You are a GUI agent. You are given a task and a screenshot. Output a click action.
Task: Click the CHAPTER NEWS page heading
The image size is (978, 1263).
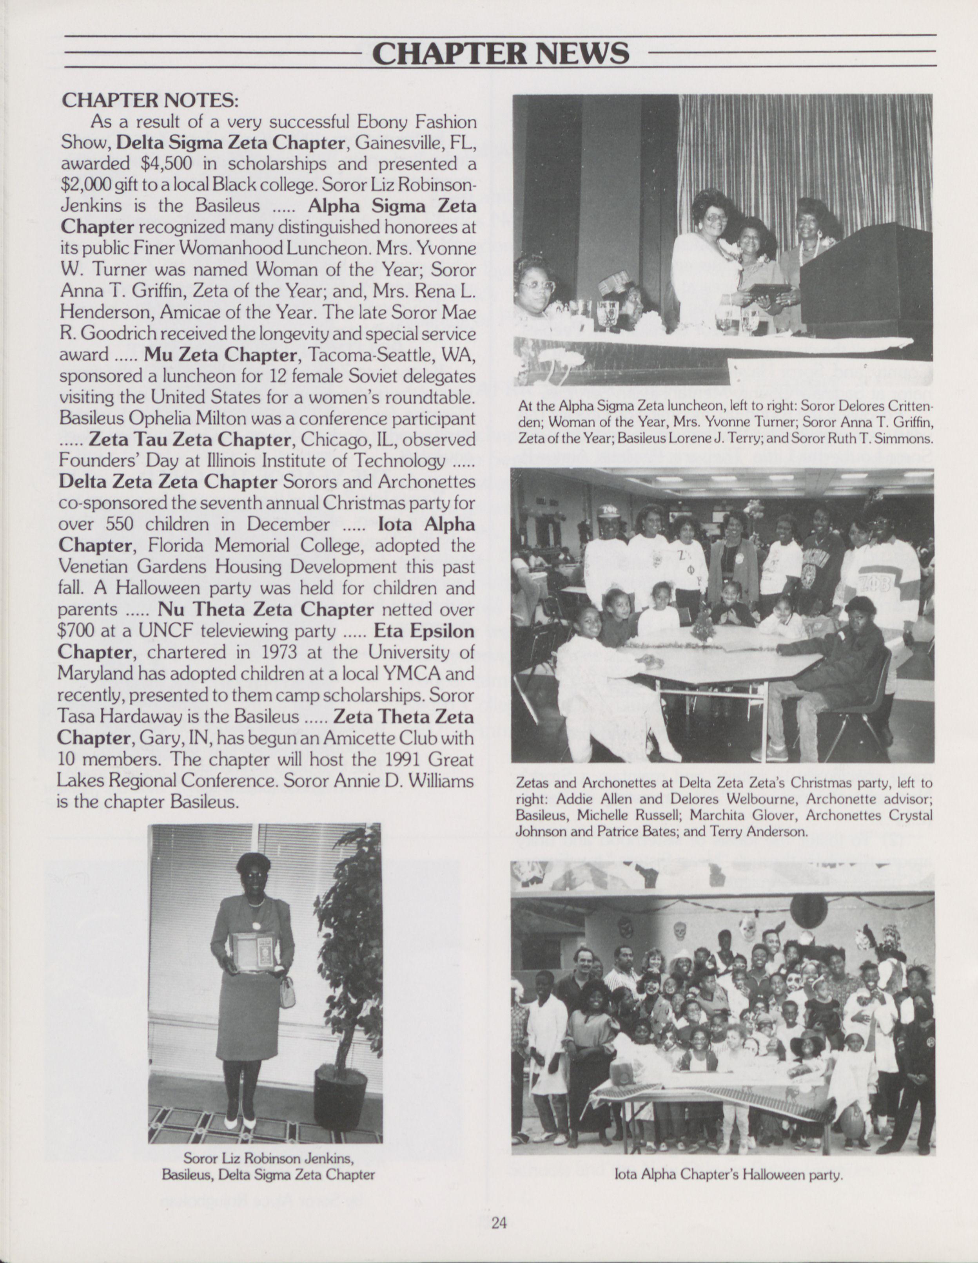click(500, 53)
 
